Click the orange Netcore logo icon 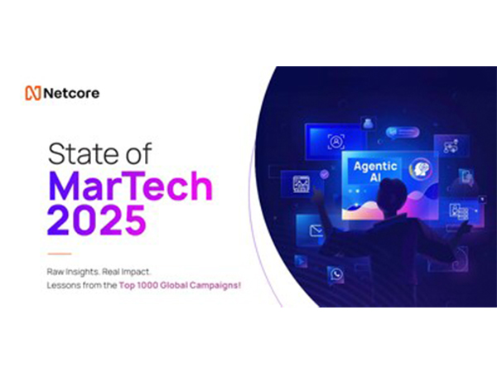coord(35,94)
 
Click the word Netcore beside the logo coord(72,94)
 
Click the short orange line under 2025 coord(59,254)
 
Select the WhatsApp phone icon coord(336,273)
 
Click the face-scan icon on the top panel coord(335,142)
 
